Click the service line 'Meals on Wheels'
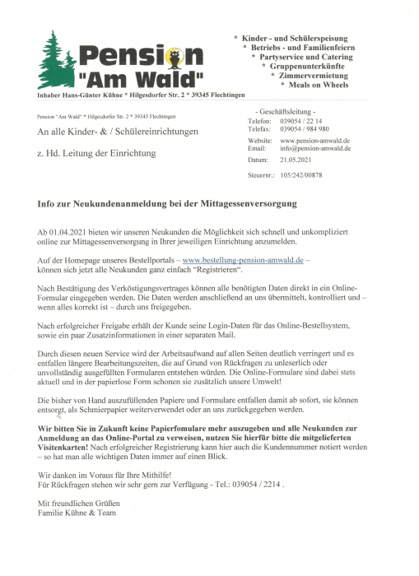[314, 85]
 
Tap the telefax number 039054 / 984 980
[305, 129]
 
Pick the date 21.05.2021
[298, 160]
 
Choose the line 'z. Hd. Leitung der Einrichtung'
[95, 153]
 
